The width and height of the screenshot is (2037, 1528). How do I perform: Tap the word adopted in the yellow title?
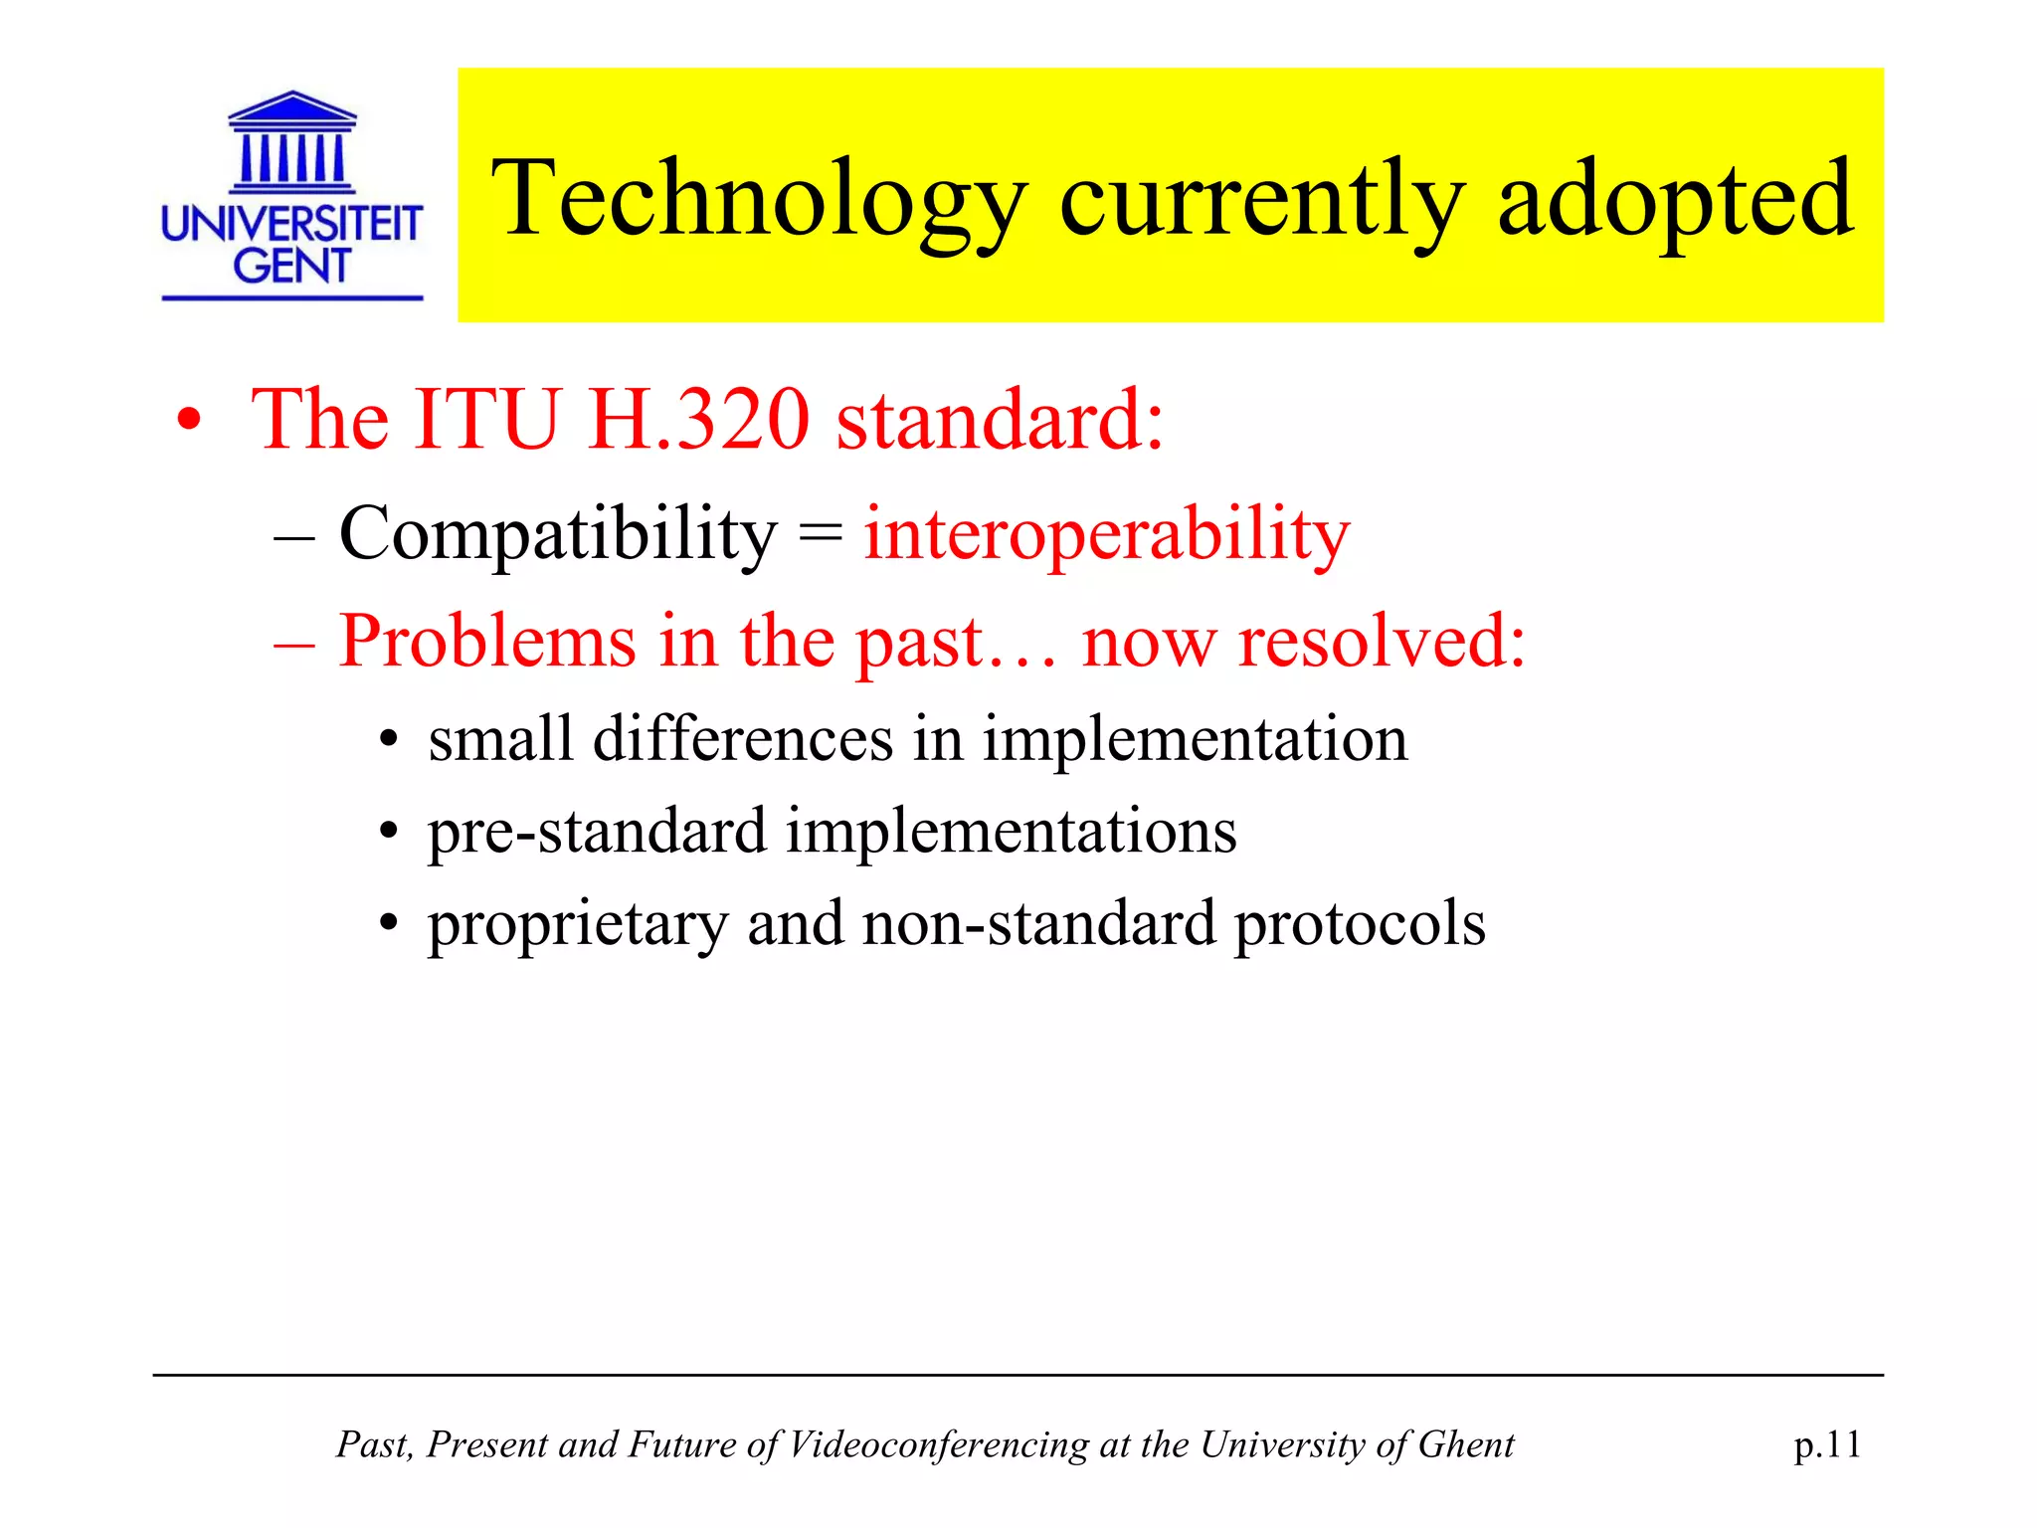1675,200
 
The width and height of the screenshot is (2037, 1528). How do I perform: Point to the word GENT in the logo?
291,266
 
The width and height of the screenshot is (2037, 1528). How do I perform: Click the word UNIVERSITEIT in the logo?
291,224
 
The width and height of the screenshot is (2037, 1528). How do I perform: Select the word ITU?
486,420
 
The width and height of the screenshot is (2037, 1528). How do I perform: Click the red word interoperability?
1106,535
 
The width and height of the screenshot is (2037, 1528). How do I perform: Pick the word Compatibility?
557,535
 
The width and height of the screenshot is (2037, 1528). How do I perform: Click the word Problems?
487,642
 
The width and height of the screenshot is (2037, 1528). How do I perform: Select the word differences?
743,739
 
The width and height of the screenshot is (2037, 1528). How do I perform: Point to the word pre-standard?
598,832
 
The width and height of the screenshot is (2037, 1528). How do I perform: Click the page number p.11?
1827,1444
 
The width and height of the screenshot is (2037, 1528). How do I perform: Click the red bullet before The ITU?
188,423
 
